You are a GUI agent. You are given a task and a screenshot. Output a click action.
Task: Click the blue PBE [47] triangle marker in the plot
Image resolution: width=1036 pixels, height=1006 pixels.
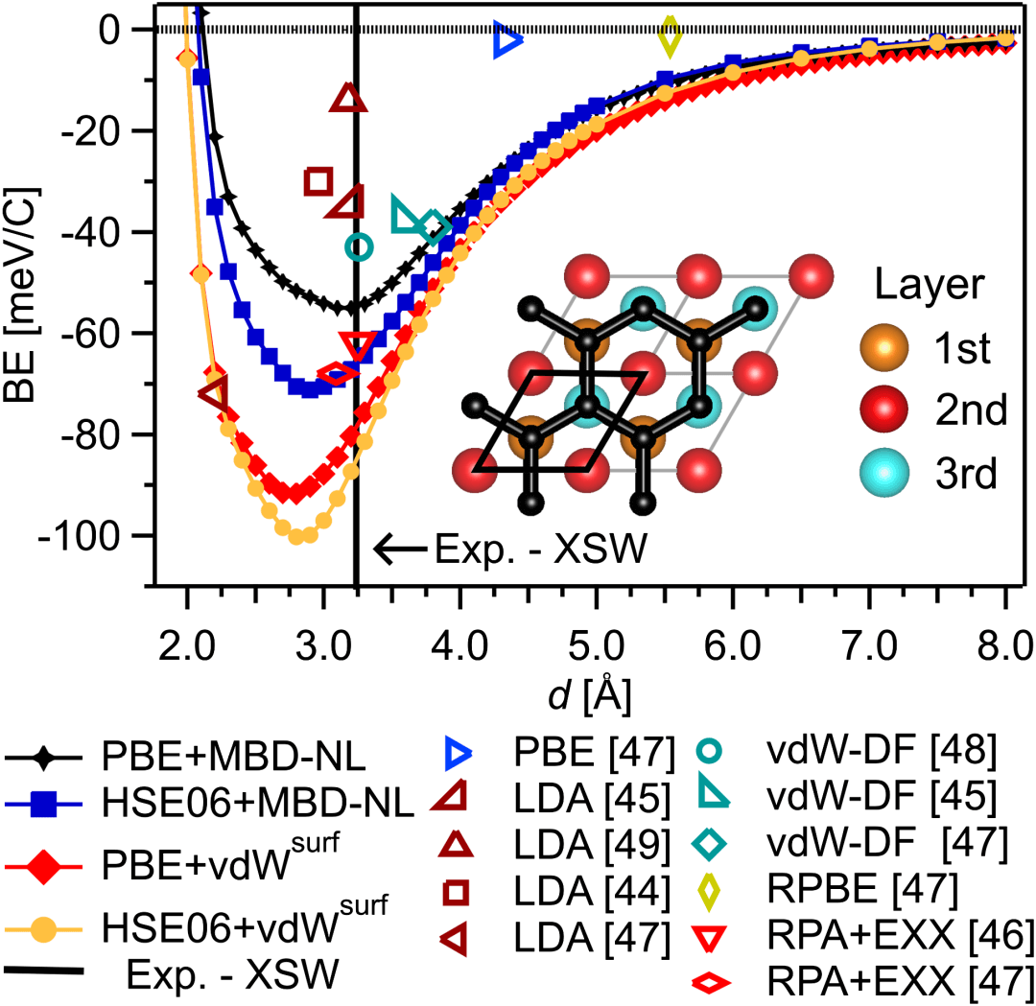point(506,40)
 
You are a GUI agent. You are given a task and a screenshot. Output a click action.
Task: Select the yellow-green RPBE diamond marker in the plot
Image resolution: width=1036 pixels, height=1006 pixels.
point(671,36)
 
